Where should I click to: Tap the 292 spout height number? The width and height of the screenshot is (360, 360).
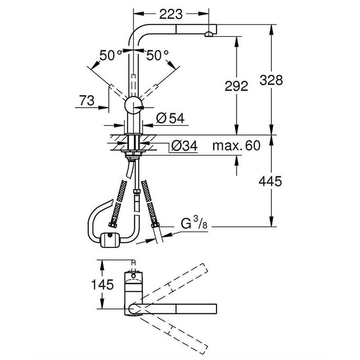coord(236,85)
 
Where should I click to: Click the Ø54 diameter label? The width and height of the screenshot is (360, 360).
coord(171,118)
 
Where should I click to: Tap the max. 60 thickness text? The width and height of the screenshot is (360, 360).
coord(236,146)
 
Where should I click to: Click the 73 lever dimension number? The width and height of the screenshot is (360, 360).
coord(87,101)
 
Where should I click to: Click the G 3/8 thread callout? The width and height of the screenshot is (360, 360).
coord(193,223)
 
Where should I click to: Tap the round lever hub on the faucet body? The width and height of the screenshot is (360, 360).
coord(134,106)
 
